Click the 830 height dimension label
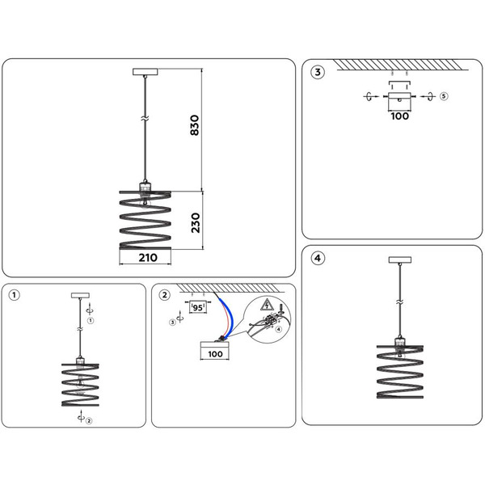click(x=195, y=126)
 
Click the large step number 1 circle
click(x=15, y=295)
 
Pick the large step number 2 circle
click(x=166, y=295)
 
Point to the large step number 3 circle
click(x=318, y=73)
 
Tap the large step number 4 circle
click(x=318, y=258)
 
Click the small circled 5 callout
click(x=443, y=97)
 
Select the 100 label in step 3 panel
click(x=400, y=116)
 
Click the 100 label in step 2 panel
click(x=215, y=354)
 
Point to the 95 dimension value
click(x=199, y=307)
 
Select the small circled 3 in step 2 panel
click(x=172, y=322)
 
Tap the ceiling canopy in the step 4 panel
click(x=398, y=260)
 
